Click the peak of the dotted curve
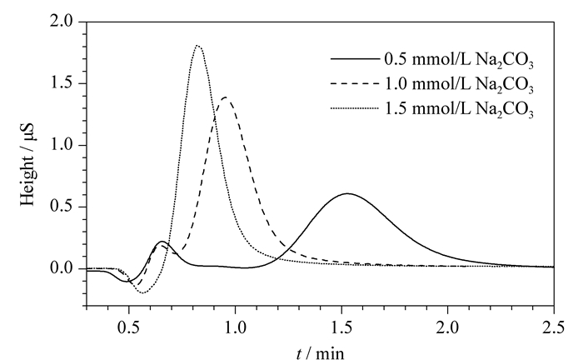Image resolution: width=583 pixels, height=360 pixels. click(197, 46)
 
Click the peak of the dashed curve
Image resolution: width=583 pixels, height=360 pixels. click(226, 97)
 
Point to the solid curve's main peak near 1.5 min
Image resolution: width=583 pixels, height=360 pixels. click(347, 193)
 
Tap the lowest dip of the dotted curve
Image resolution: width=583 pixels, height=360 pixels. click(142, 293)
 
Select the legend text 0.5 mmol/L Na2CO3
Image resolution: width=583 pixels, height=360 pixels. click(459, 60)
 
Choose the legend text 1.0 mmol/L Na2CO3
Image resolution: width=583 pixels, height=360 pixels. click(459, 84)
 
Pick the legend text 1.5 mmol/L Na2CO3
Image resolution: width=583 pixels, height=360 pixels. click(459, 109)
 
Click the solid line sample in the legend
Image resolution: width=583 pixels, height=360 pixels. click(354, 59)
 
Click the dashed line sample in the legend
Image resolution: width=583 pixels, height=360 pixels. click(354, 83)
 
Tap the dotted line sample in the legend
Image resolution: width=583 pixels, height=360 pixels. click(354, 108)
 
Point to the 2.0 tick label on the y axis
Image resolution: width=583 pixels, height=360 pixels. click(62, 21)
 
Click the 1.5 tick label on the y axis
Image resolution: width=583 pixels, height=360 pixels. click(62, 83)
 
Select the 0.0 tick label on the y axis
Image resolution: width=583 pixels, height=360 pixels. click(62, 267)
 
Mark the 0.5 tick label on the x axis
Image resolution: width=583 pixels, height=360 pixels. click(129, 328)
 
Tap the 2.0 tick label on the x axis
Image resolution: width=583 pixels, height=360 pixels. click(448, 328)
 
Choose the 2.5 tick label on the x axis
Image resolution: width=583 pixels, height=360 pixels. click(553, 328)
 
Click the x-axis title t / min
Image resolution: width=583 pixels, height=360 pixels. click(321, 352)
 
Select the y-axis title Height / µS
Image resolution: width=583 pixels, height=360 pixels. click(27, 163)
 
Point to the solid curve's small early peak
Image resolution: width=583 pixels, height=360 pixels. click(162, 242)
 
